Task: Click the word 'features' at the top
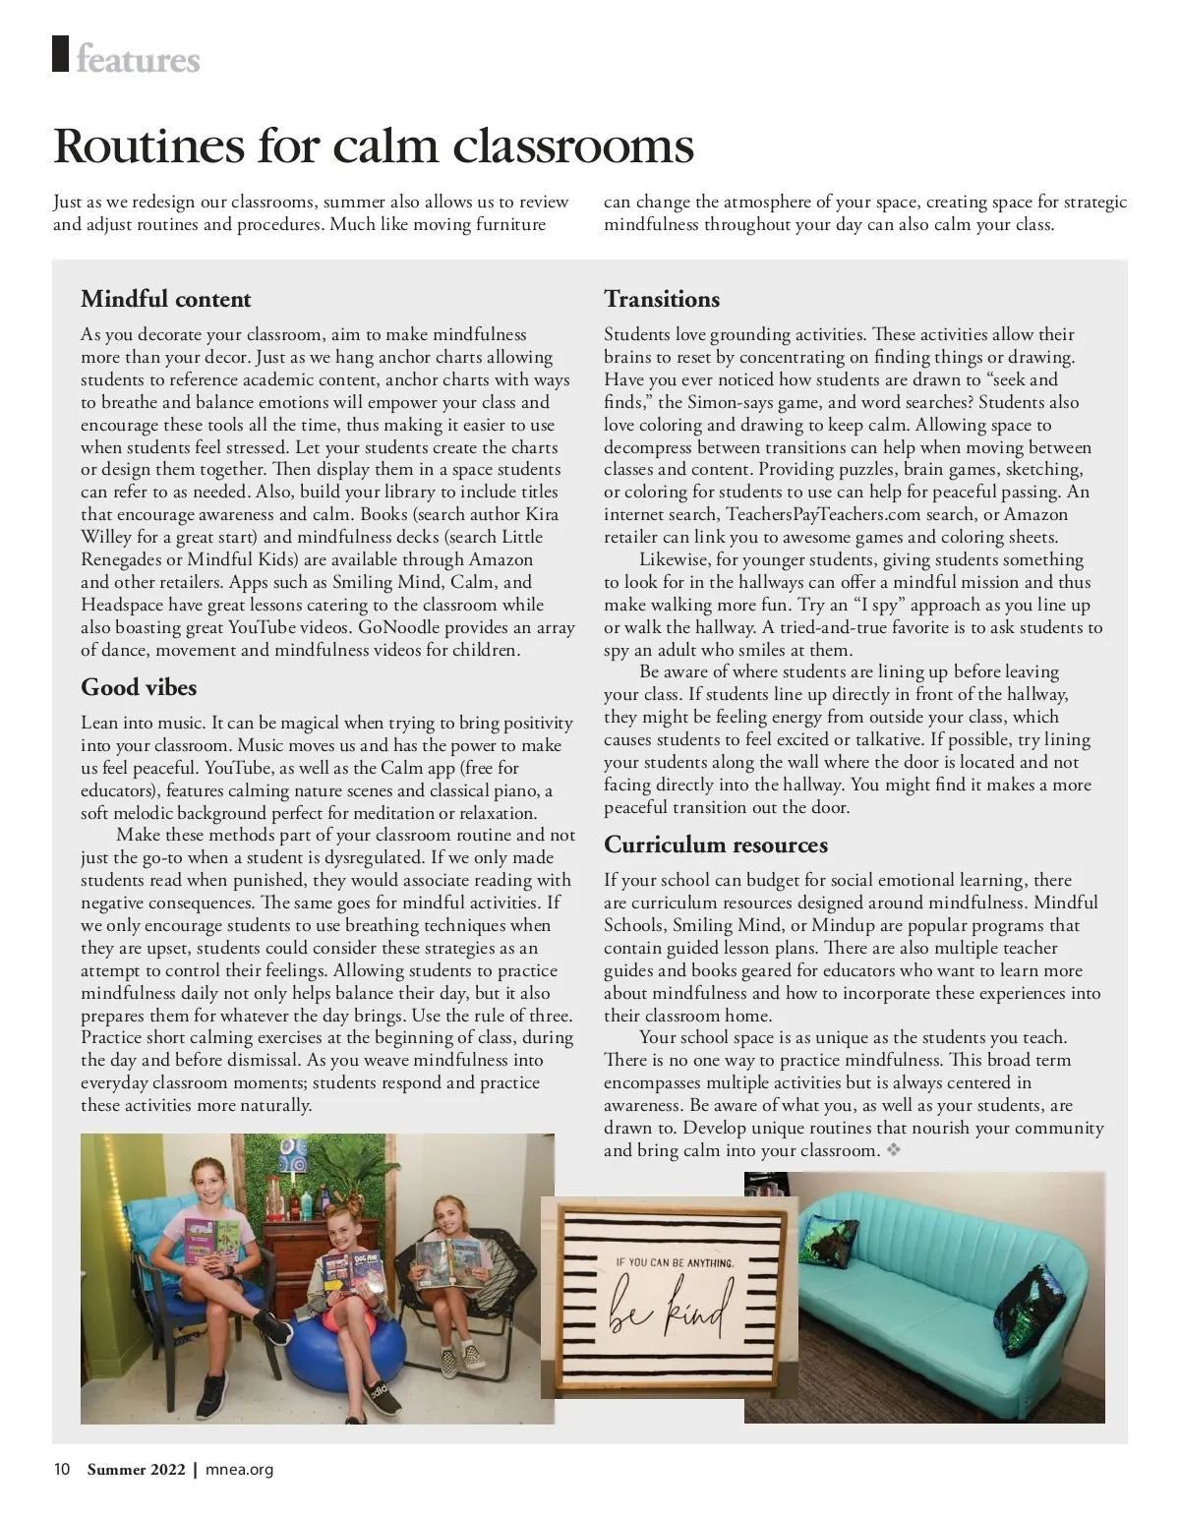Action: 138,60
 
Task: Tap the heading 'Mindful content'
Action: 165,299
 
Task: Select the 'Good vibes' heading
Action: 139,686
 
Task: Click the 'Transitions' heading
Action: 661,299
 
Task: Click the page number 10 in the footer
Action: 61,1470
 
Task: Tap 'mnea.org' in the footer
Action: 239,1470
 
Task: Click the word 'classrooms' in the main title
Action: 573,146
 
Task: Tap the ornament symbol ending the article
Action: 894,1149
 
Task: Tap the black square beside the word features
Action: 61,53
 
